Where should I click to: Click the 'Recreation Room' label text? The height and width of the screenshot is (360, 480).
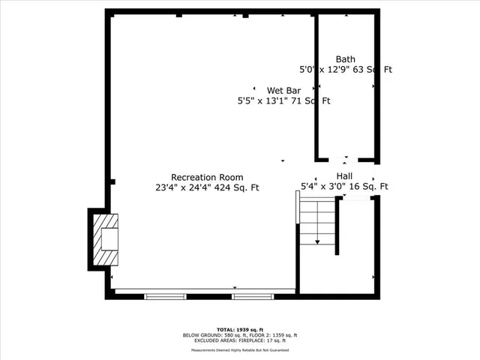point(206,177)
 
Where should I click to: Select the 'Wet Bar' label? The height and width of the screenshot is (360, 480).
point(283,90)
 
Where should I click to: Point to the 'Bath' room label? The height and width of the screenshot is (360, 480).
point(345,59)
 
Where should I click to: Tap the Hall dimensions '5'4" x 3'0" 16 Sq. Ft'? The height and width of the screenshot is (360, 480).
point(344,187)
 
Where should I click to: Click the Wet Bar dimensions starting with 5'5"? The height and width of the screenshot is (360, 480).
point(283,100)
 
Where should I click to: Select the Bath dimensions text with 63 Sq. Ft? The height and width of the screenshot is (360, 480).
point(346,70)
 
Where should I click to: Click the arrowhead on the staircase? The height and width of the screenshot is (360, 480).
point(317,241)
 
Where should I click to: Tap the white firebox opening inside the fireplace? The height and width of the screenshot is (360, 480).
point(109,238)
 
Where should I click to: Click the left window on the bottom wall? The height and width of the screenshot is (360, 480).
point(166,296)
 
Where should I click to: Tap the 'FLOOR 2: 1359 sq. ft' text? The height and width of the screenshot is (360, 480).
point(271,335)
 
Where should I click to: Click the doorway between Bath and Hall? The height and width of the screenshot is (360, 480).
point(345,160)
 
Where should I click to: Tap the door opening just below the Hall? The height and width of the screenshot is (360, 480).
point(358,198)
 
